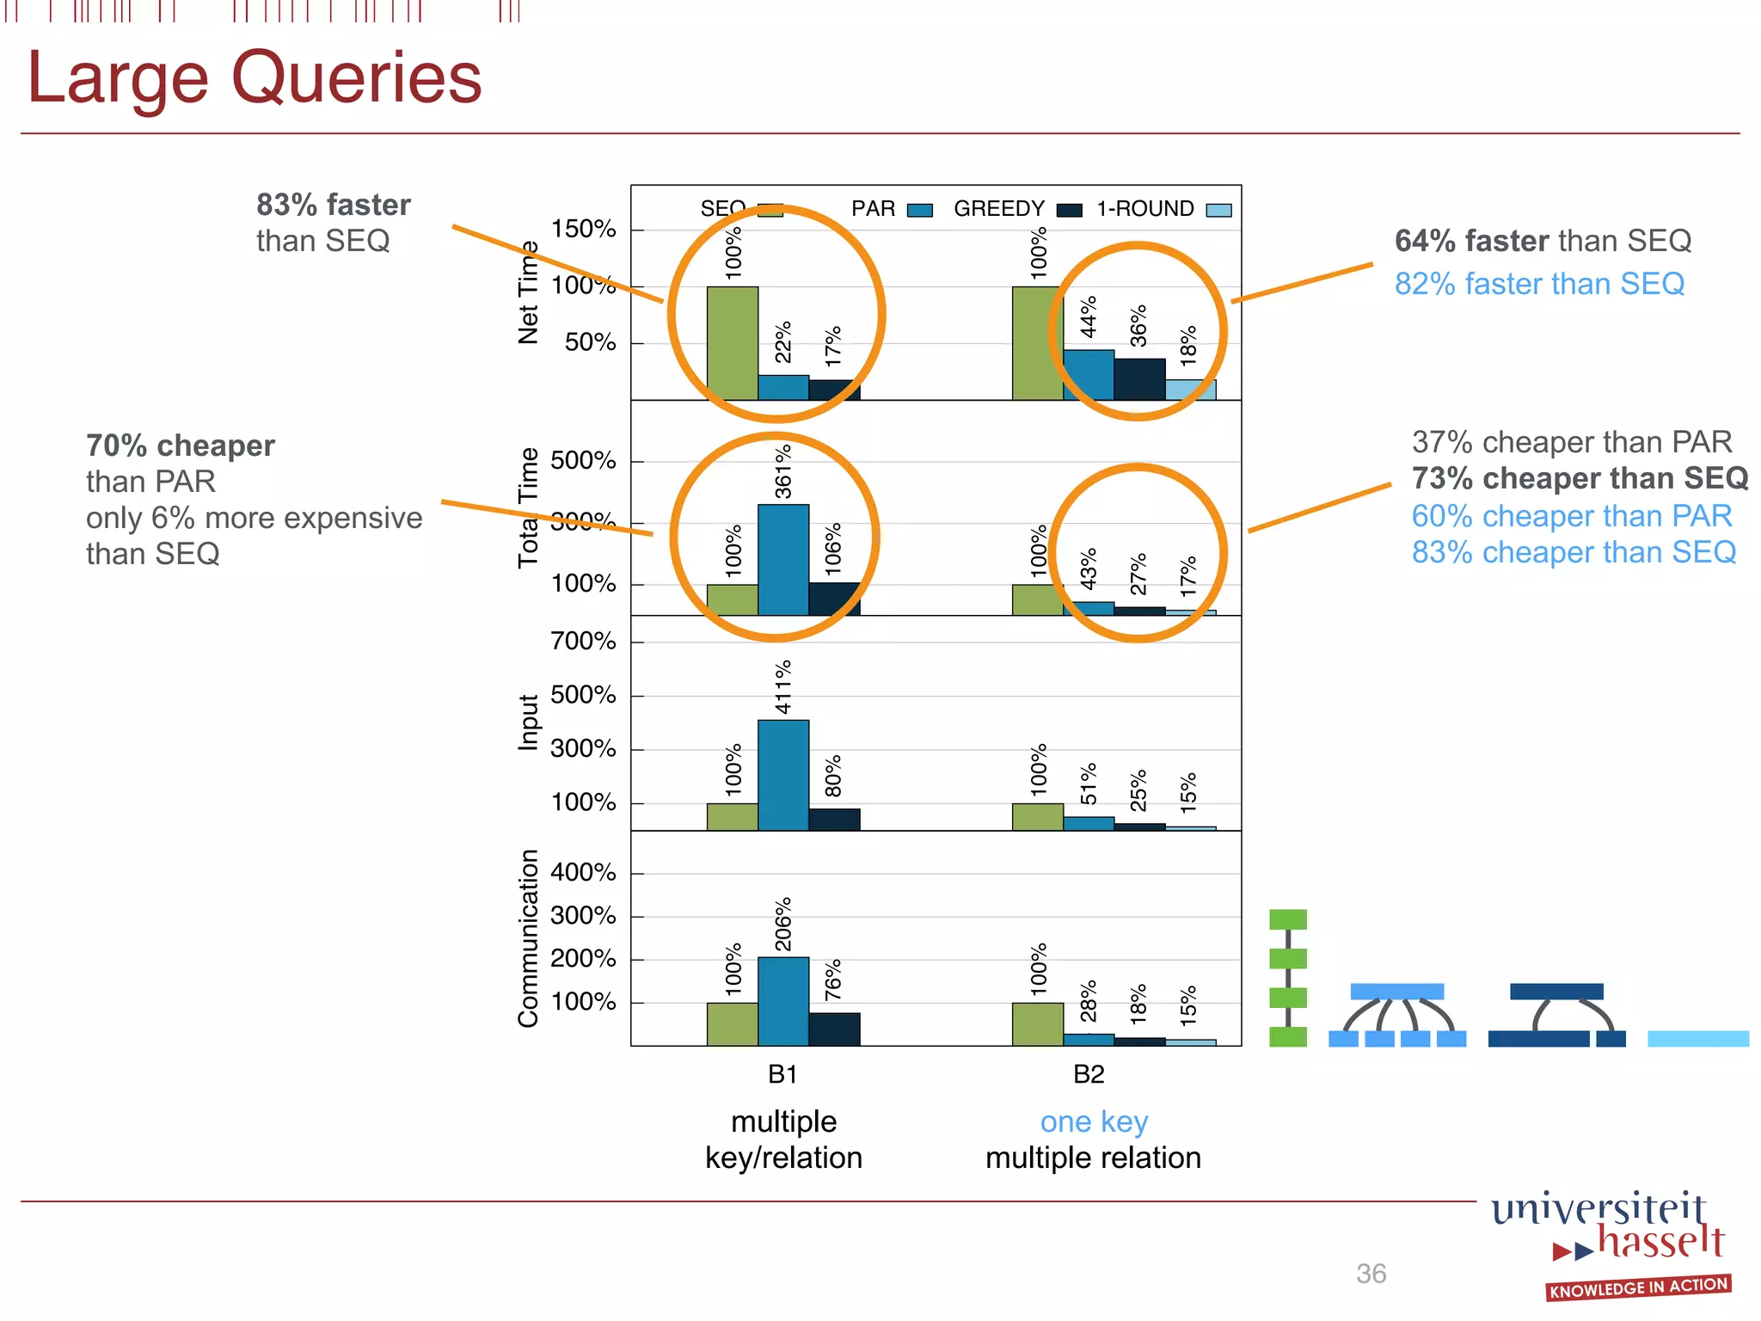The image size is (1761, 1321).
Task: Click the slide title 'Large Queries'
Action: (x=255, y=77)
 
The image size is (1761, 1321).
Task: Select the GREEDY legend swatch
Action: (x=1069, y=211)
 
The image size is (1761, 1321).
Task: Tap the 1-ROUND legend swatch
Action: (x=1218, y=211)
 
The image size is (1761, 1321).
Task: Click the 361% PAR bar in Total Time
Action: (x=782, y=559)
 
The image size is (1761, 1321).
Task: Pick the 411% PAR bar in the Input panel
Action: (x=782, y=774)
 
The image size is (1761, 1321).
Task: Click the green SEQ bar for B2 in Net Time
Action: (x=1037, y=343)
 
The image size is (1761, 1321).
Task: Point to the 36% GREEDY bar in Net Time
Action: (x=1139, y=379)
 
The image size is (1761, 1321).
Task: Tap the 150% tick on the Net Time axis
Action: (x=583, y=230)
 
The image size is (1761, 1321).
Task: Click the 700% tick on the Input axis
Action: (x=583, y=642)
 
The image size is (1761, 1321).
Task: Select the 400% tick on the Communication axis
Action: (x=583, y=873)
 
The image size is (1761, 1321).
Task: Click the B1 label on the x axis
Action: (x=782, y=1074)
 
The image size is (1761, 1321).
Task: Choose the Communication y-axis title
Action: (x=528, y=938)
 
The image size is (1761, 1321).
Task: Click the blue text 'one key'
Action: (x=1094, y=1122)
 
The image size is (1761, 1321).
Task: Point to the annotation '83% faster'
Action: (x=334, y=205)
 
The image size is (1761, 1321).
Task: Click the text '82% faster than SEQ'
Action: (x=1539, y=284)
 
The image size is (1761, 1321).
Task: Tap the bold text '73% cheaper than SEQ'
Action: (x=1580, y=478)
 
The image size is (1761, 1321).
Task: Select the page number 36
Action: (x=1371, y=1274)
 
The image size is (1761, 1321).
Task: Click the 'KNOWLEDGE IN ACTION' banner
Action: (x=1638, y=1287)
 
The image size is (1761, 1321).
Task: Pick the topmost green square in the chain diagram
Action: (x=1287, y=919)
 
